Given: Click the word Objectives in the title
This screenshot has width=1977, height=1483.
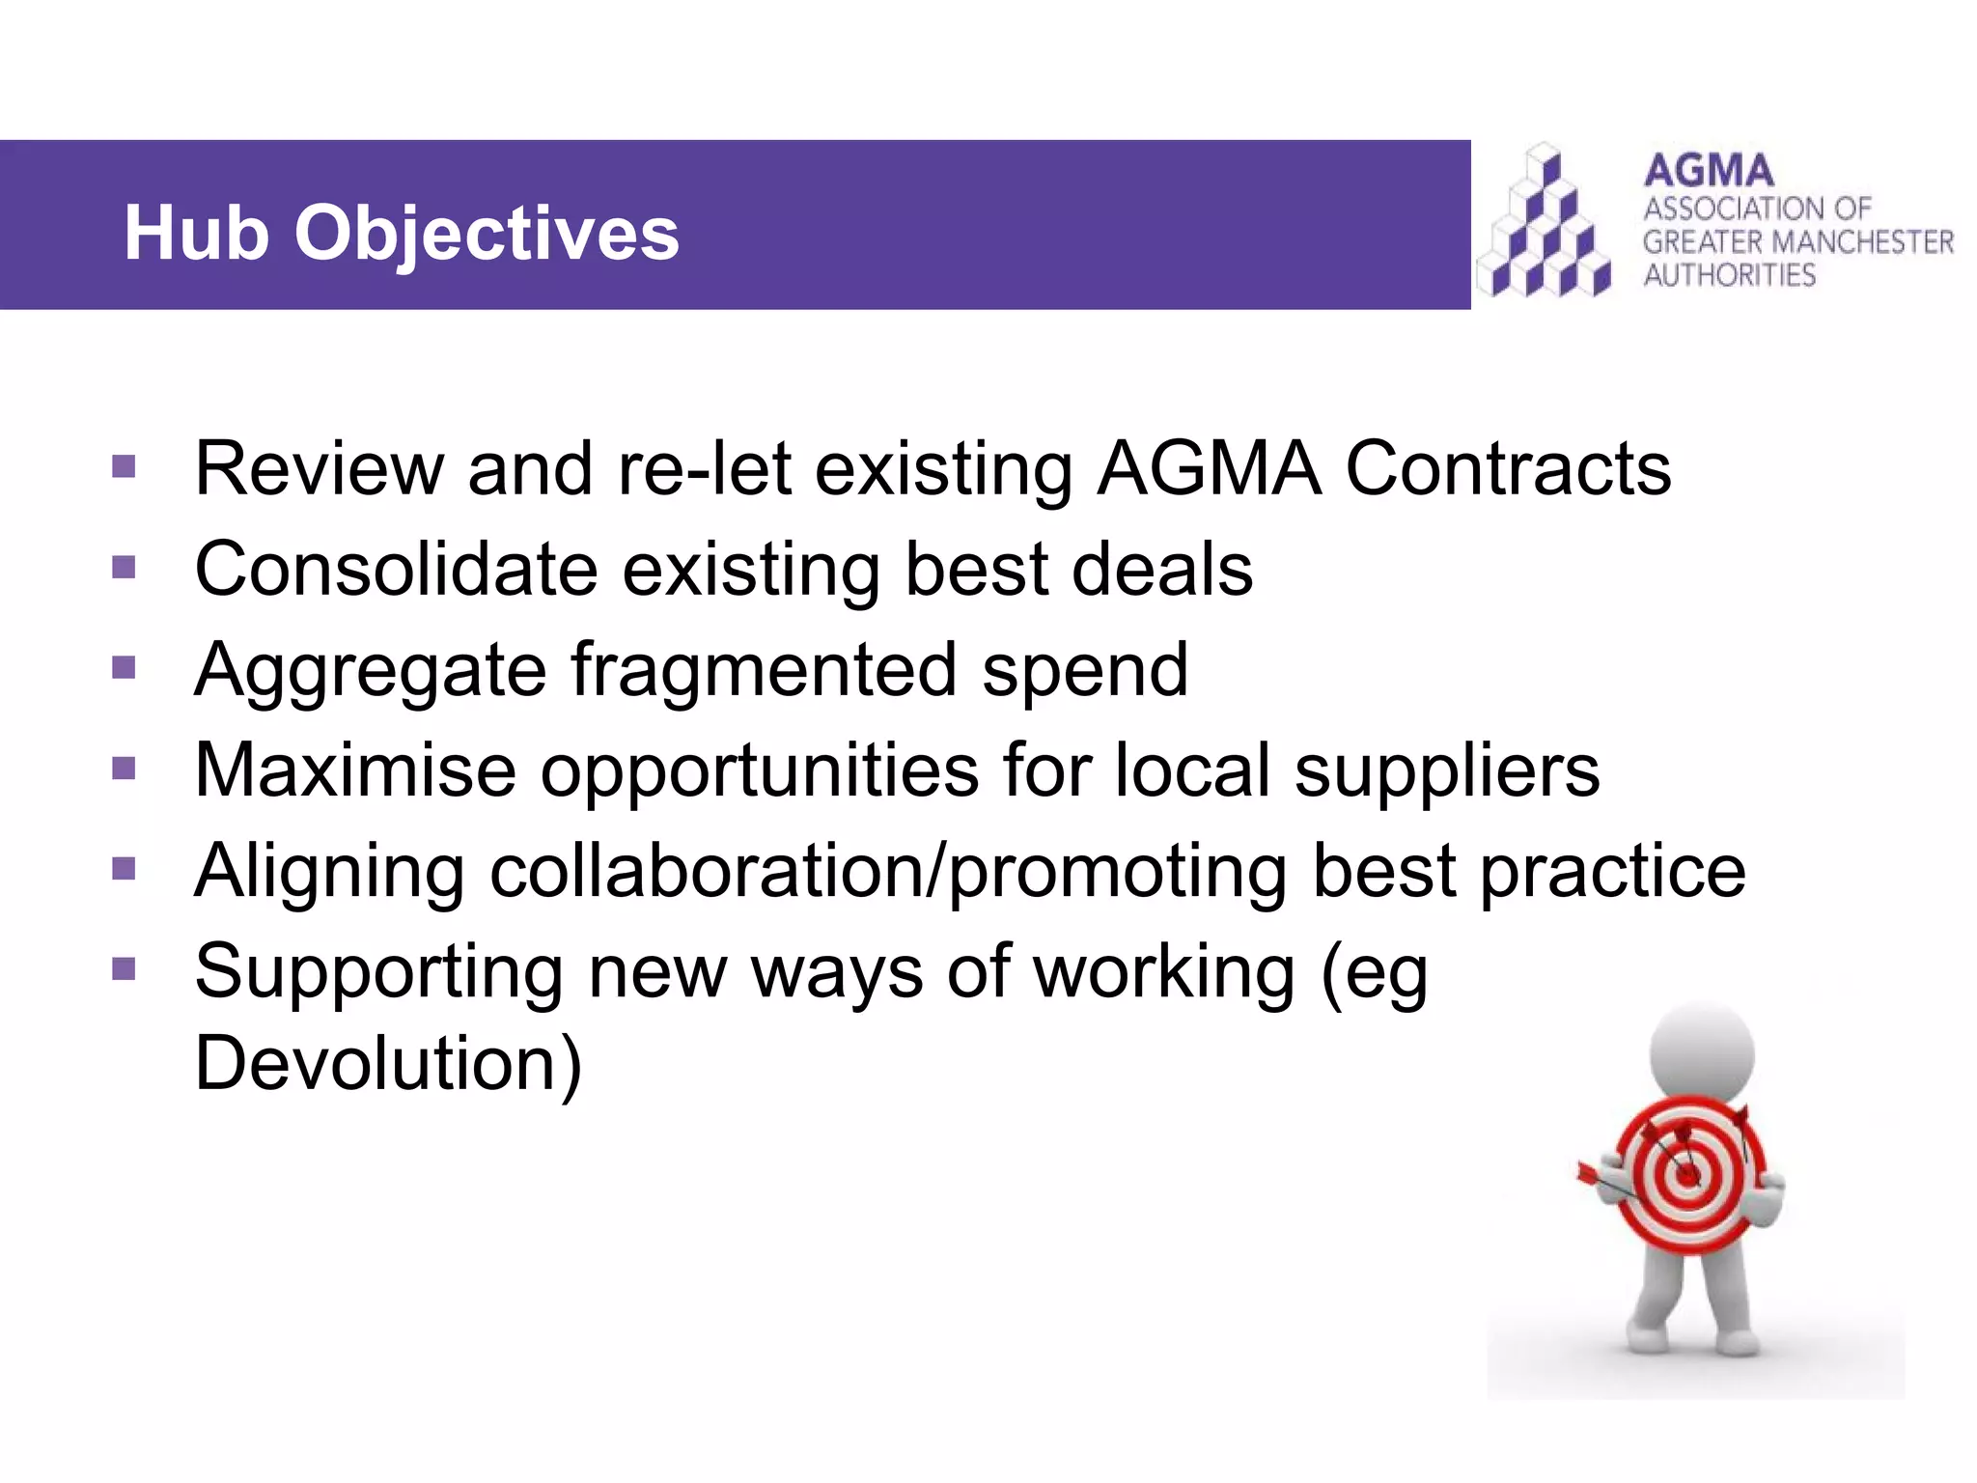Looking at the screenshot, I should pos(487,235).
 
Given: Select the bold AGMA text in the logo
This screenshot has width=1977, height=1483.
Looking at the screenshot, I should pos(1709,171).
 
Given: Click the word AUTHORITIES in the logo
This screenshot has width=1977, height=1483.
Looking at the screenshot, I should pos(1730,275).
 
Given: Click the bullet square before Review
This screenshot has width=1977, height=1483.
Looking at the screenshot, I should pos(124,467).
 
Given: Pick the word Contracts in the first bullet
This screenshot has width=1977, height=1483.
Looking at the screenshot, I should pos(1508,468).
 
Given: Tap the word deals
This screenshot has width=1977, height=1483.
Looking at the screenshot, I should pos(1162,569).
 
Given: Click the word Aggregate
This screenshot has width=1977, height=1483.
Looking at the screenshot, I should pos(371,671).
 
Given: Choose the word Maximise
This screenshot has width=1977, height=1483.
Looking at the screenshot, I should pos(355,769).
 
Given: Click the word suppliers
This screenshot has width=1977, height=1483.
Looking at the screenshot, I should pos(1446,771).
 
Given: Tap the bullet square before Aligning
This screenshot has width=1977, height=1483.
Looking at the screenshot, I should pos(124,870).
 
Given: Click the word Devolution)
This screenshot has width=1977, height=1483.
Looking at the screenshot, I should pos(388,1063).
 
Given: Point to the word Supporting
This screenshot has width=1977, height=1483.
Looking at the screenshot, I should pos(378,972).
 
